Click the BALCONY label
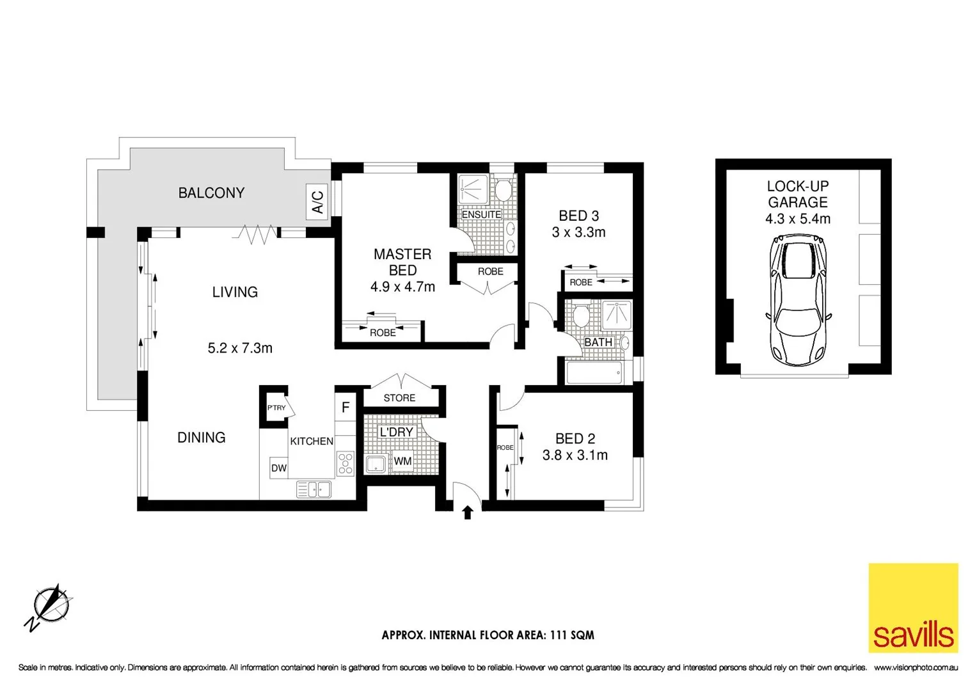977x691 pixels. pos(211,193)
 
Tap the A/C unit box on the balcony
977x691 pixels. pos(318,201)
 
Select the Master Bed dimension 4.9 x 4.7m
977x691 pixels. pos(402,287)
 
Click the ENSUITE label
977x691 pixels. pos(481,214)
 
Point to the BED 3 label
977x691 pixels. pos(578,216)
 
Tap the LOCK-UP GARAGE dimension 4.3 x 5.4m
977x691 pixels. pos(798,219)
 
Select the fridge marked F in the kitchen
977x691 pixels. pos(346,408)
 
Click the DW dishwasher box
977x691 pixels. pos(279,468)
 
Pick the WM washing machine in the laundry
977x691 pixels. pos(402,461)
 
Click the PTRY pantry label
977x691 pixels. pos(276,408)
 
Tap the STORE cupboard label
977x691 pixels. pos(399,398)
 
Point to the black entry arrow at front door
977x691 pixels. pos(468,512)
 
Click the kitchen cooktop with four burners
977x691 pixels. pos(346,463)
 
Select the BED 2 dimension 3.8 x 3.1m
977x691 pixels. pos(575,455)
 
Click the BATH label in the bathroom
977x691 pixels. pos(598,342)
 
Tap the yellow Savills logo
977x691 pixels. pos(913,608)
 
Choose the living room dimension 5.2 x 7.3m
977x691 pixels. pos(240,348)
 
